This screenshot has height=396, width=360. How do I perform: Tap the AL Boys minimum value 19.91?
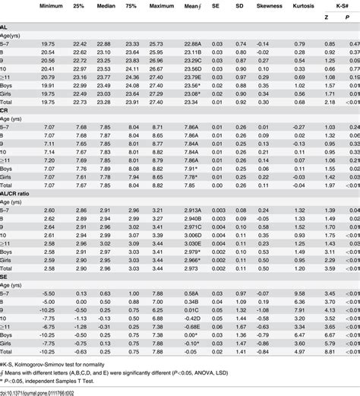click(47, 87)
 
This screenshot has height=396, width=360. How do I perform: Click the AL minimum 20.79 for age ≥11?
click(47, 78)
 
